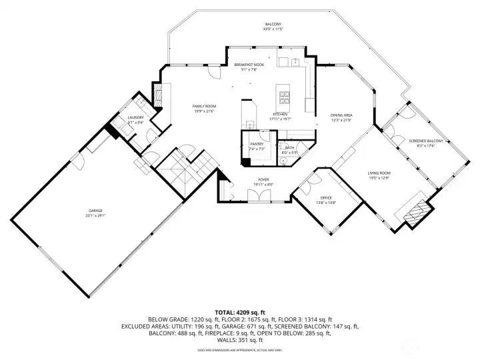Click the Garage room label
coord(95,211)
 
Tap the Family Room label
coord(205,107)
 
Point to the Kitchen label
coord(279,114)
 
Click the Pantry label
coord(257,144)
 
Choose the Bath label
coord(289,148)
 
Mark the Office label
coord(326,198)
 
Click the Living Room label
coord(379,173)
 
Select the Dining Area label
coord(342,115)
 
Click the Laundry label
coord(136,117)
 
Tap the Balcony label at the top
coord(273,25)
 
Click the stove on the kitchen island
coord(285,97)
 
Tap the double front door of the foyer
coord(257,195)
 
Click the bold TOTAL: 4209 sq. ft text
coord(240,312)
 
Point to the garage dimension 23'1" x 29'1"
coord(95,216)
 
